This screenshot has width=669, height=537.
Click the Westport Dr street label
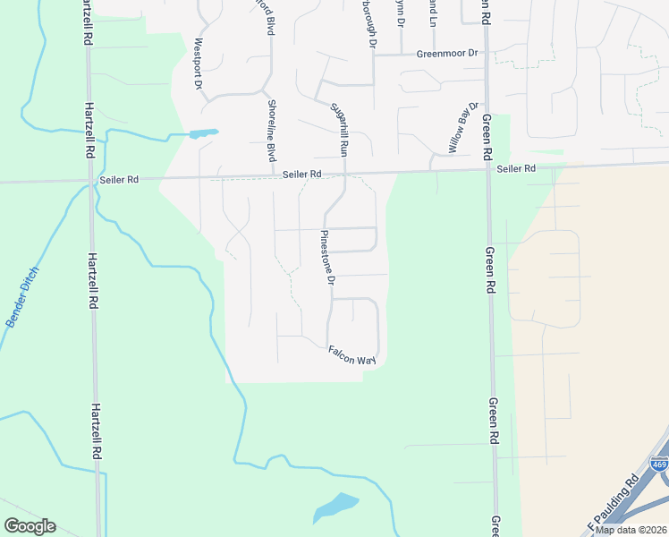click(x=199, y=64)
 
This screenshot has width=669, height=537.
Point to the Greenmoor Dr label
click(x=448, y=54)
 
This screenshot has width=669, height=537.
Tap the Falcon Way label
click(x=351, y=355)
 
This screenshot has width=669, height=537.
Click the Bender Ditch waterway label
click(x=23, y=296)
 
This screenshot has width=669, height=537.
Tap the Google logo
click(x=30, y=526)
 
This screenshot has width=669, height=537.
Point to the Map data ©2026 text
click(x=631, y=530)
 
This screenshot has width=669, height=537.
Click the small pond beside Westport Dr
click(x=202, y=134)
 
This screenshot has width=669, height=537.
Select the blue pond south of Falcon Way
click(x=335, y=507)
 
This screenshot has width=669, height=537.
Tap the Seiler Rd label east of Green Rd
click(x=516, y=168)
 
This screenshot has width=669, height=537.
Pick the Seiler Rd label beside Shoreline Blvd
click(x=301, y=174)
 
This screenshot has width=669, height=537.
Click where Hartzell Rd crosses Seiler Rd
click(x=89, y=180)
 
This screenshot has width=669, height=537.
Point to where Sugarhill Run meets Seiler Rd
click(x=344, y=173)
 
